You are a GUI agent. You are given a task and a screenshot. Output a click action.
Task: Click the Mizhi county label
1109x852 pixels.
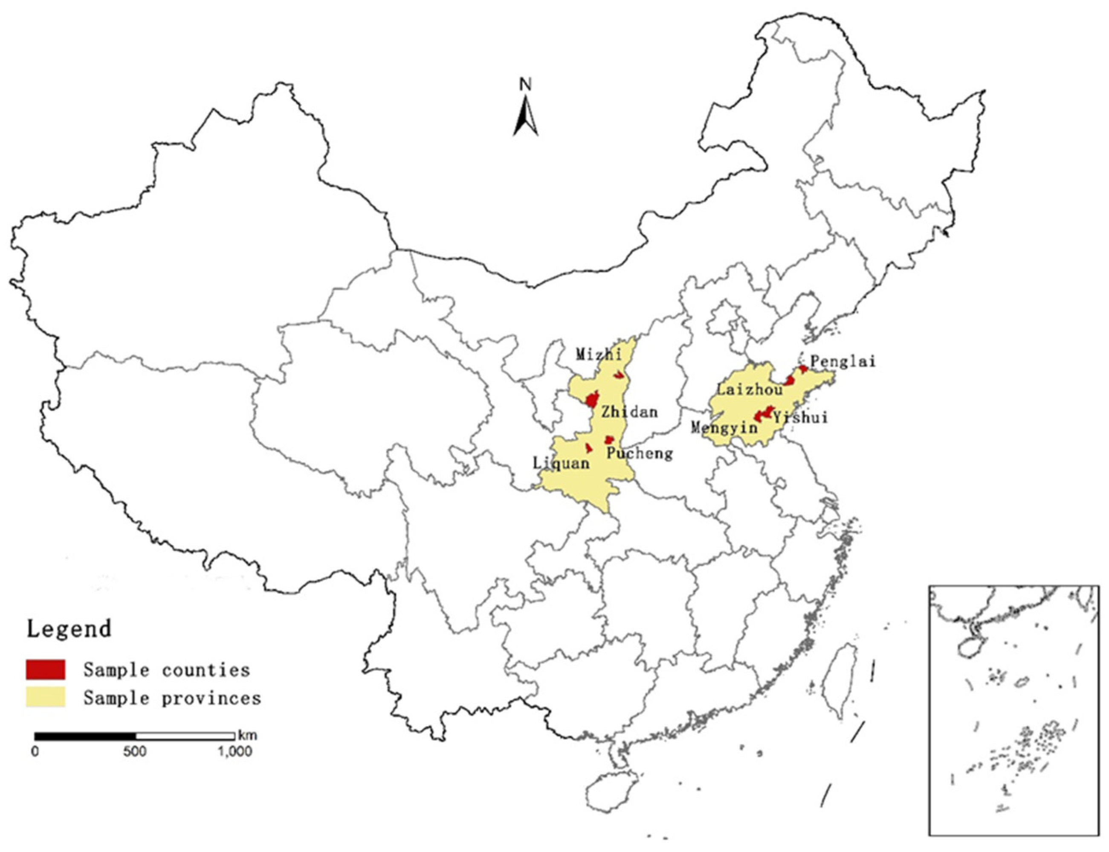(598, 354)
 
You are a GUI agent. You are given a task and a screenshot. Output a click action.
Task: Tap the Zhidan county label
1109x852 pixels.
(629, 411)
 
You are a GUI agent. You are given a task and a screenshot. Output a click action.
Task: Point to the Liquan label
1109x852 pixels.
(561, 463)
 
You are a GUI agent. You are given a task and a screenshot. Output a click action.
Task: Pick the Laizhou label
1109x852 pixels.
(749, 390)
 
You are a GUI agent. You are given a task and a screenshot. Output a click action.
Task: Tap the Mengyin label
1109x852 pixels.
(724, 428)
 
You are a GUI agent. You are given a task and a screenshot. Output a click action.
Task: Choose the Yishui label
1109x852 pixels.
(800, 417)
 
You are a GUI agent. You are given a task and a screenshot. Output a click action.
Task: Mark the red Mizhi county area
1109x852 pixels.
(618, 375)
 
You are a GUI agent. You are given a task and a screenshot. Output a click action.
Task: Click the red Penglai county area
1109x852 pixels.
(803, 369)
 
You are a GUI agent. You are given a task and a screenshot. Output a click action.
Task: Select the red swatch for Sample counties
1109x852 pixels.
(46, 669)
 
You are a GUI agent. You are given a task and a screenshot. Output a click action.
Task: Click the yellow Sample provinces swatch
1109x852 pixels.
(46, 697)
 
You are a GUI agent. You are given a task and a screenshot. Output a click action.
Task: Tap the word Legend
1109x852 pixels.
(69, 629)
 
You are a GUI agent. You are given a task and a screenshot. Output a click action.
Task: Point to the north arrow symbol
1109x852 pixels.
(526, 118)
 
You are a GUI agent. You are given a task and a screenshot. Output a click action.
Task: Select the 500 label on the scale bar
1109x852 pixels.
(134, 751)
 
